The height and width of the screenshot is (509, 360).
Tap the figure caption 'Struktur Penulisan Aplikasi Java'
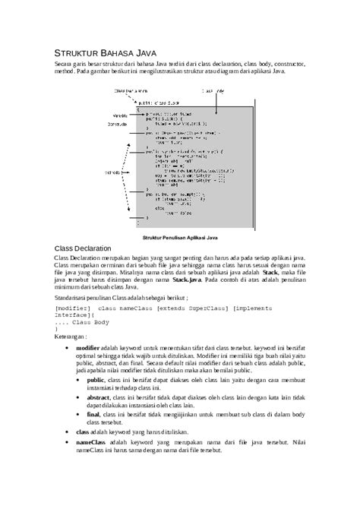(x=180, y=237)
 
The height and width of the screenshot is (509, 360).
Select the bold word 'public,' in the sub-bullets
(x=96, y=378)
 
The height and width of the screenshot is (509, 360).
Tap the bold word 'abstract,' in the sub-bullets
(x=99, y=397)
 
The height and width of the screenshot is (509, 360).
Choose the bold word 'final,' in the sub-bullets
(x=94, y=415)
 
